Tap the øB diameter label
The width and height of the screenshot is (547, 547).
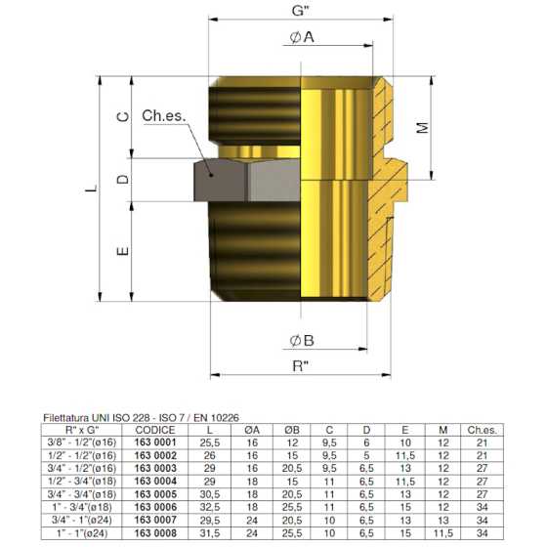pyautogui.click(x=301, y=341)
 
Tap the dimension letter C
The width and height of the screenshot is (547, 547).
pyautogui.click(x=122, y=116)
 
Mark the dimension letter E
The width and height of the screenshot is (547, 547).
pyautogui.click(x=122, y=251)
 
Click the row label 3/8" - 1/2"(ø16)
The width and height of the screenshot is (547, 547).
pyautogui.click(x=92, y=442)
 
